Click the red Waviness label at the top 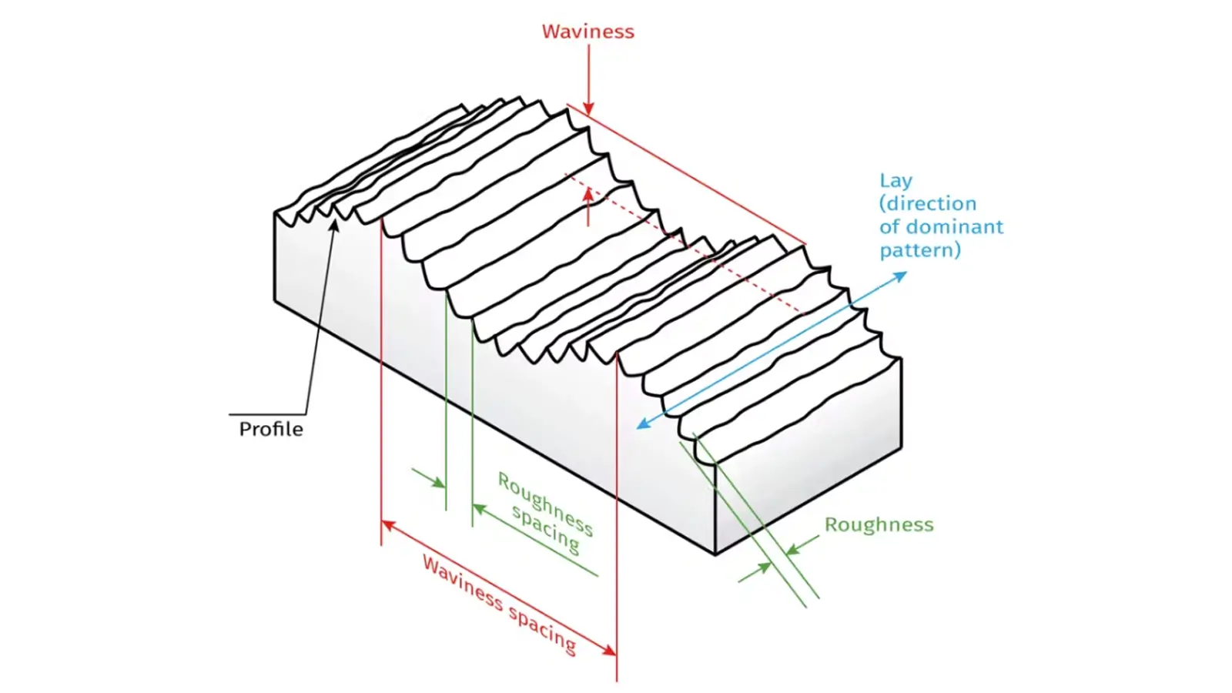(588, 32)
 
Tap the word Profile (270, 429)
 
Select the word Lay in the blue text (896, 181)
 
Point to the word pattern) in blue (920, 250)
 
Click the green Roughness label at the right (879, 524)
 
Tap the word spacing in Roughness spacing (545, 529)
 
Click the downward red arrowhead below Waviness (588, 109)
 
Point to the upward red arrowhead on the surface (588, 193)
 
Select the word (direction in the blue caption (927, 204)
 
